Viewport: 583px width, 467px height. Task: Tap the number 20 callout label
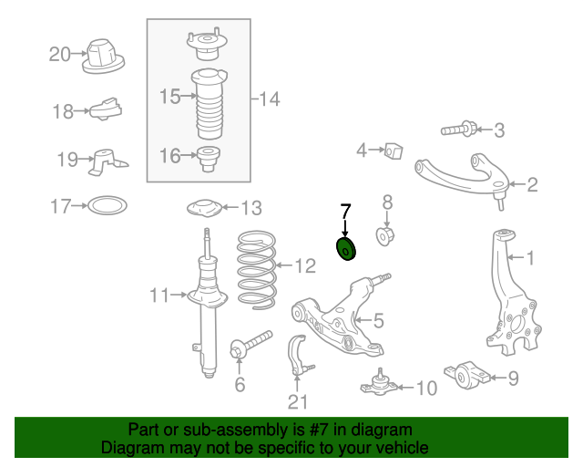coord(59,55)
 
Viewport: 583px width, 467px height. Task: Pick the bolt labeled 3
coord(461,130)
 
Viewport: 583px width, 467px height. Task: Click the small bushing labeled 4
coord(394,149)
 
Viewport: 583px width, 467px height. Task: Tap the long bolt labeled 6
coord(250,344)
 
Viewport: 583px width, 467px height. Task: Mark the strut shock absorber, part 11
coord(206,301)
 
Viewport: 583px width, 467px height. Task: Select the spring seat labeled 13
coord(202,208)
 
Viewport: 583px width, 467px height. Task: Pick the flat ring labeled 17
coord(107,207)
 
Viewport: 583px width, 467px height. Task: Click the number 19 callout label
coord(67,160)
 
